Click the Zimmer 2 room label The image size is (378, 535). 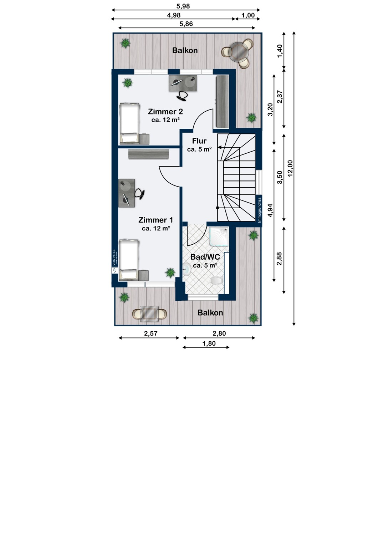coord(165,112)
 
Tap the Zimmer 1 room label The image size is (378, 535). coord(156,220)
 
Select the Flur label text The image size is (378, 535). coord(199,141)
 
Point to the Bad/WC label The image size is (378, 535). coord(205,257)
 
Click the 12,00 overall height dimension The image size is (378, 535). coord(290,168)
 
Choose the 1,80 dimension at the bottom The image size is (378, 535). coord(209,343)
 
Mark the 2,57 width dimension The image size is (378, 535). coord(151,333)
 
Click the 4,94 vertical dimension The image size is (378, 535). coord(271,211)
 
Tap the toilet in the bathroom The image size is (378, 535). coord(216,281)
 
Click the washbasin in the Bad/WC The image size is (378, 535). coord(187,269)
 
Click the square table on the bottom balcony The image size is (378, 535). coord(149,314)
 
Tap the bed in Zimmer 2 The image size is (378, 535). coord(129,123)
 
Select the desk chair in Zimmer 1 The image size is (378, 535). coord(140,193)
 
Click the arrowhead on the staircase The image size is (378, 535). coord(219,147)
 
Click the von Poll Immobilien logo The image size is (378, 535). coord(115,261)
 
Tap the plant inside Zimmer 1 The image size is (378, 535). coord(170,272)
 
